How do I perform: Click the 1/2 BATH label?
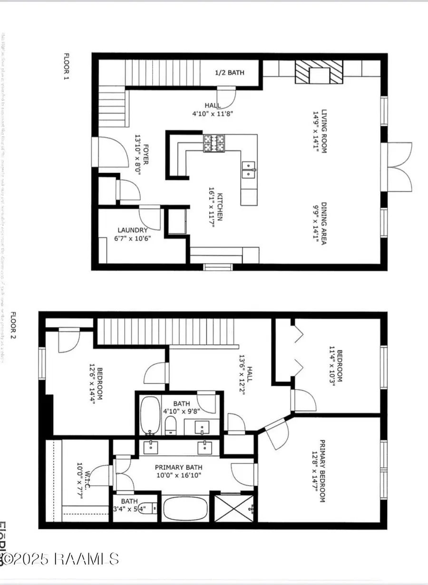click(x=230, y=73)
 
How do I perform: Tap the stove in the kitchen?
click(x=214, y=144)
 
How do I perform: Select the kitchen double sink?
click(x=249, y=169)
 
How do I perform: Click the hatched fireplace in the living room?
click(x=318, y=72)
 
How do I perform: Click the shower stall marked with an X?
click(x=234, y=508)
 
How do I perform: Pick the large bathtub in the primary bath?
click(x=185, y=509)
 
